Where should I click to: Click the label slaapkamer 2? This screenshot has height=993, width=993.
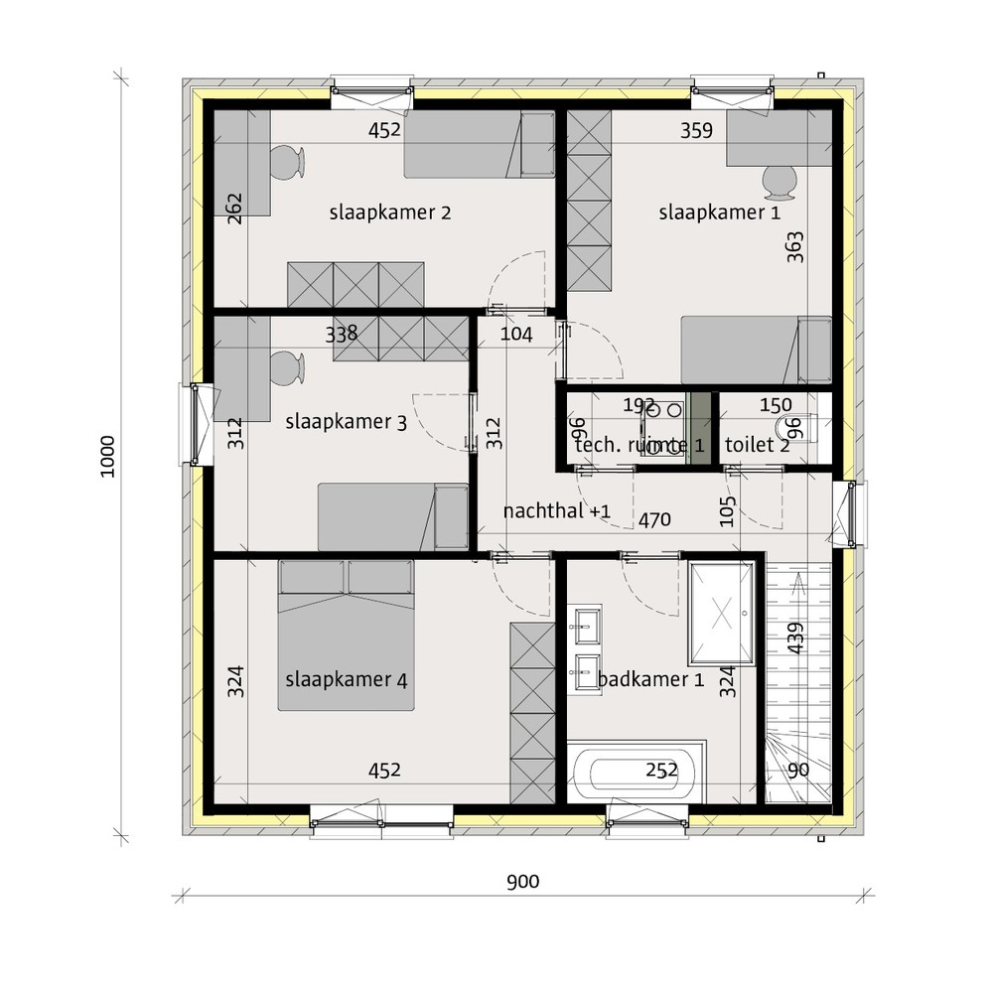[390, 213]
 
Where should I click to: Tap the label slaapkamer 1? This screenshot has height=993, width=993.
[719, 213]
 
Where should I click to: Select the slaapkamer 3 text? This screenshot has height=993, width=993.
[346, 422]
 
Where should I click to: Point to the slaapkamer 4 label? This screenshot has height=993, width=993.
[346, 680]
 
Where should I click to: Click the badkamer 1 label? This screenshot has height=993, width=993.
[651, 679]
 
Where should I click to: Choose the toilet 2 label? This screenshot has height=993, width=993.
[758, 445]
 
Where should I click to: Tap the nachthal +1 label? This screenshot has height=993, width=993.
[557, 511]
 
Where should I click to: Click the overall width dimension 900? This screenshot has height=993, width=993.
[523, 882]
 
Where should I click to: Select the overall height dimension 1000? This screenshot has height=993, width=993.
[107, 457]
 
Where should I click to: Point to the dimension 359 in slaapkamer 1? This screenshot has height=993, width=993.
[697, 130]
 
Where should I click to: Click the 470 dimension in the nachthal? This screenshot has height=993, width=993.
[654, 520]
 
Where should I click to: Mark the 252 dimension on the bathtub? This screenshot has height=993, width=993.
[661, 771]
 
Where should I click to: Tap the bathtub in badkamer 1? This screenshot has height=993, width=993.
[636, 772]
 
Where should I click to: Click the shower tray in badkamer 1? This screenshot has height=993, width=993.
[722, 613]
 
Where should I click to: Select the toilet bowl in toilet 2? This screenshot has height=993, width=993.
[798, 429]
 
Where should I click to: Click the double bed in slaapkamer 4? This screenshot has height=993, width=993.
[346, 636]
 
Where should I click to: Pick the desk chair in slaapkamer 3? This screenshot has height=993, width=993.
[288, 368]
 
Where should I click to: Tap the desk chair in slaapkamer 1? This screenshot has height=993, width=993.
[779, 182]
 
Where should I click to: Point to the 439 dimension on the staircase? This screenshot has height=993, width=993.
[795, 638]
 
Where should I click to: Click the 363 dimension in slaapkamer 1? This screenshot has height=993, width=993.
[794, 247]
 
